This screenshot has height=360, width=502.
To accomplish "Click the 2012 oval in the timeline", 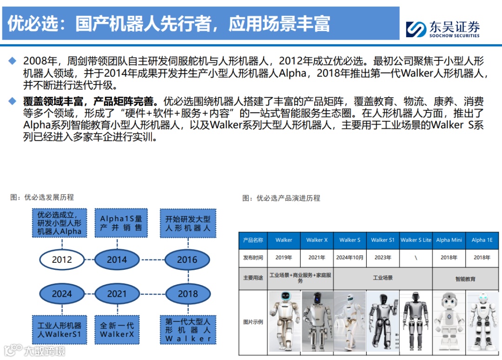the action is click(x=62, y=260).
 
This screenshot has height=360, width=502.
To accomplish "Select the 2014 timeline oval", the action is click(x=117, y=260).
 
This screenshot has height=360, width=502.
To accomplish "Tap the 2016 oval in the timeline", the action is click(x=187, y=260).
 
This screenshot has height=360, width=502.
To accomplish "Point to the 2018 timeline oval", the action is click(x=187, y=293).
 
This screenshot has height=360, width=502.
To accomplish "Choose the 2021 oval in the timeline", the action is click(x=117, y=293).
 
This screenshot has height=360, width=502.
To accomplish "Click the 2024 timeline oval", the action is click(x=62, y=293).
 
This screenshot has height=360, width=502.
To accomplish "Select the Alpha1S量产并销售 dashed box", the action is click(x=121, y=223).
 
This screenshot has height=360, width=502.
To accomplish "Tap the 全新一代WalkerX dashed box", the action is click(x=117, y=330).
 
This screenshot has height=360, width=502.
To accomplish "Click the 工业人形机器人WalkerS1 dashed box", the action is click(x=59, y=330).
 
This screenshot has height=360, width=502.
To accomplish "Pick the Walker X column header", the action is click(x=317, y=240).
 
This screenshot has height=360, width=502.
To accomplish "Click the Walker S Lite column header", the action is click(x=416, y=240).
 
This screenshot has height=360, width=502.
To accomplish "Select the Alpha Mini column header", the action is click(x=449, y=240).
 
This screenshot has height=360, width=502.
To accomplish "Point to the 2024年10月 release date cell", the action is click(x=350, y=257).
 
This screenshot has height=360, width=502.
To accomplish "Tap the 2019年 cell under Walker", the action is click(x=284, y=257).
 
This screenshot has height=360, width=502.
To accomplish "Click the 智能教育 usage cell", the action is click(x=465, y=279).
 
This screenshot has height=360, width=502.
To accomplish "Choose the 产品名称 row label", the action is click(x=253, y=240).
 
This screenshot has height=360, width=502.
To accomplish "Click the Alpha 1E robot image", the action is click(x=482, y=321).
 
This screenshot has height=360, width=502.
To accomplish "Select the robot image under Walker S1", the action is click(x=383, y=321).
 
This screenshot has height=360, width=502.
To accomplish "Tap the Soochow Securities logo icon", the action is click(x=416, y=29).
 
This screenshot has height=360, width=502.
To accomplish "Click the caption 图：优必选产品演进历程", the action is click(x=281, y=198).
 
